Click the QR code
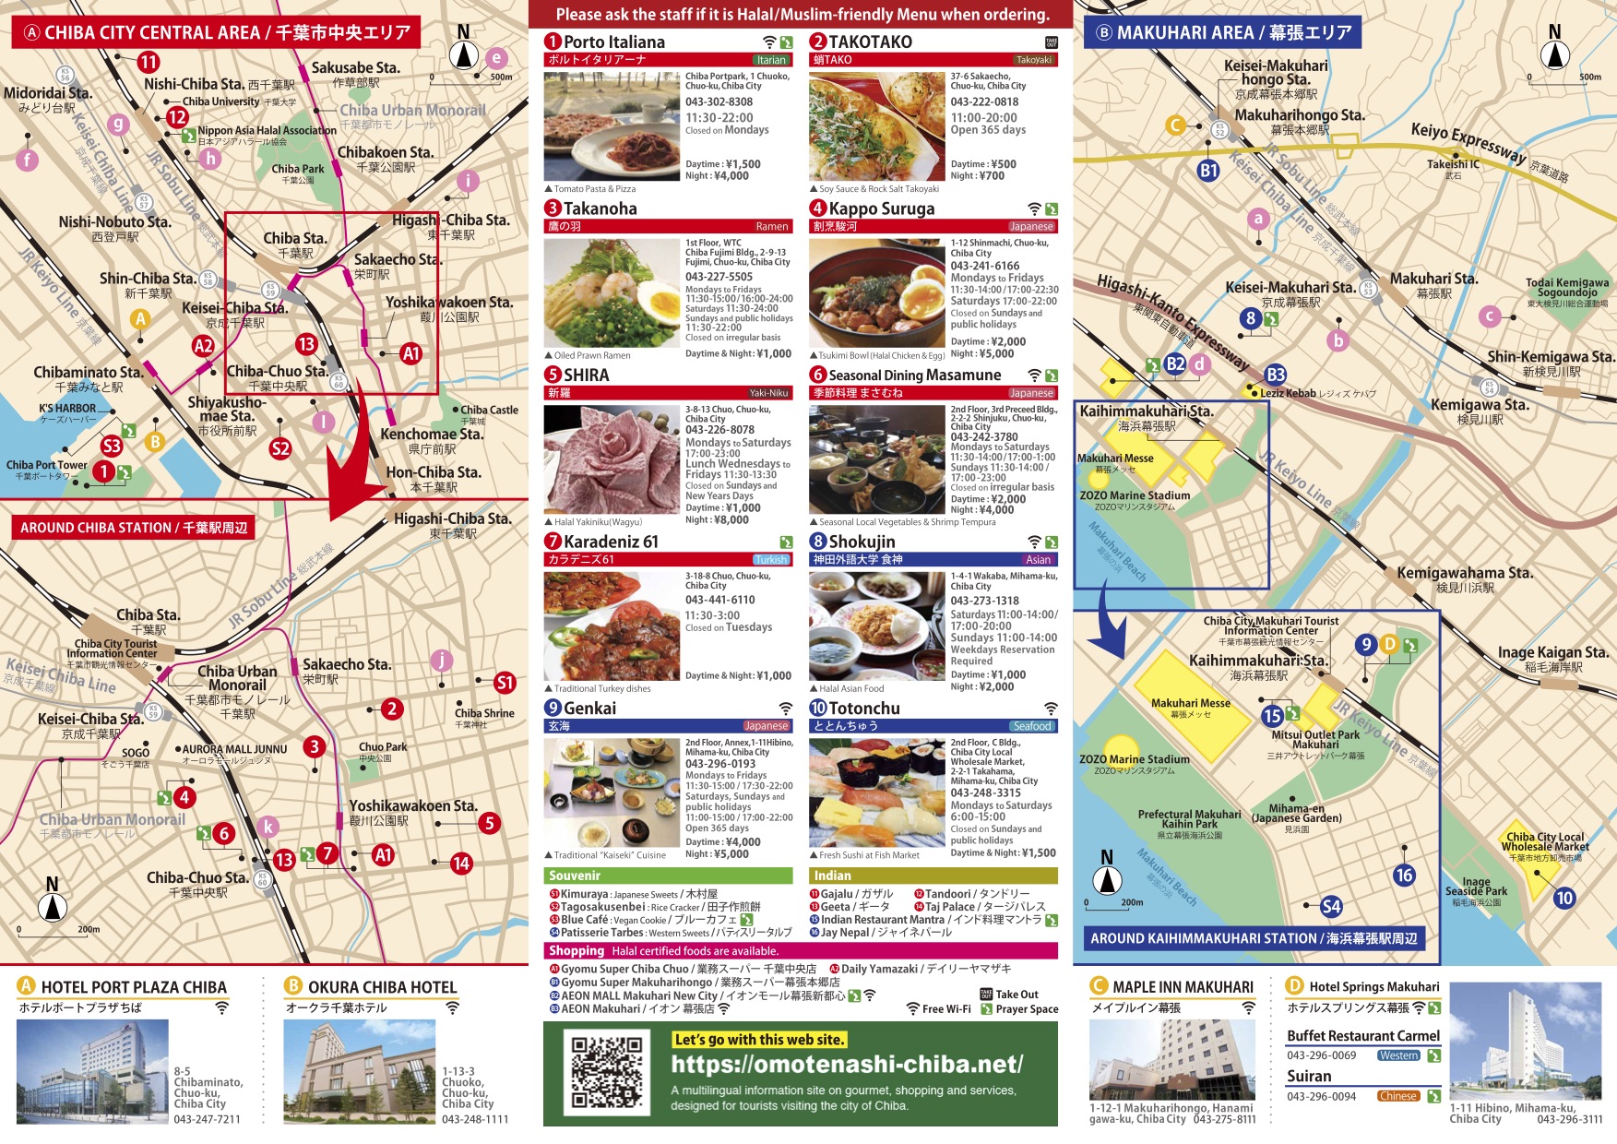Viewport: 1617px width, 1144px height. pos(606,1072)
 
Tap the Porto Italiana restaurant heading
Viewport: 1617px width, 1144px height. pos(613,42)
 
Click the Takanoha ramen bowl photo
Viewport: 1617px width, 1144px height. pos(612,292)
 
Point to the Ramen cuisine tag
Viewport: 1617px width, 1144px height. pos(772,226)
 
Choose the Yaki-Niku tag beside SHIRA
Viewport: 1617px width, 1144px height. pos(768,393)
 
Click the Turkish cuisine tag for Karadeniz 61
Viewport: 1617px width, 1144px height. pos(771,559)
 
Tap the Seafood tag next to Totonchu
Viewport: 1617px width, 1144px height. pos(1032,726)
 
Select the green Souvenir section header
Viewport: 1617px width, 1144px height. pos(668,876)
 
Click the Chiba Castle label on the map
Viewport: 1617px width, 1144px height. pos(489,410)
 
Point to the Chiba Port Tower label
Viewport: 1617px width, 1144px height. pos(46,465)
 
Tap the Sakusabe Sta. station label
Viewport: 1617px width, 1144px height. pos(355,67)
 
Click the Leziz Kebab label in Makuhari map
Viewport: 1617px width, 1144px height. pos(1288,393)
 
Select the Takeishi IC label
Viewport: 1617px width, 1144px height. pos(1453,164)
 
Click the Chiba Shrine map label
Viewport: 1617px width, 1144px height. pos(484,713)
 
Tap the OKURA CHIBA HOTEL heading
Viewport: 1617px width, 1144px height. pos(382,987)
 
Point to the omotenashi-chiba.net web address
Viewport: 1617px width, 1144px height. pos(847,1065)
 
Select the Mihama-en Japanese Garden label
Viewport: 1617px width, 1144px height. pos(1296,813)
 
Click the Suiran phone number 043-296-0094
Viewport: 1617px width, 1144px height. pos(1321,1097)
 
